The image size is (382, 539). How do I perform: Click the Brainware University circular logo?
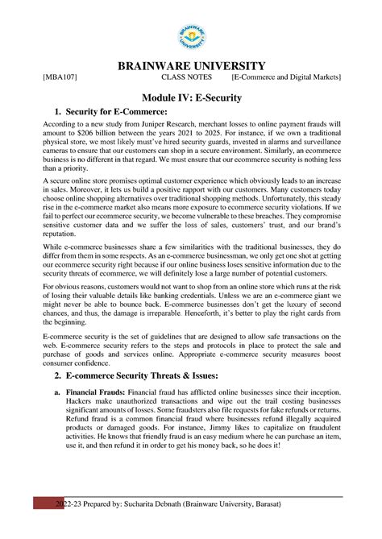[x=191, y=35]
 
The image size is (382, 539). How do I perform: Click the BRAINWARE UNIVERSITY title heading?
[x=191, y=65]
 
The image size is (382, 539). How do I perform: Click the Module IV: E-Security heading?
[x=191, y=97]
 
